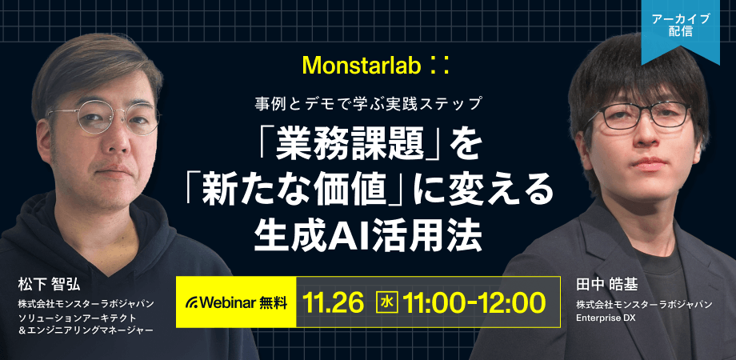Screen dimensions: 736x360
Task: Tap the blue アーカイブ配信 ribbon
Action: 681,29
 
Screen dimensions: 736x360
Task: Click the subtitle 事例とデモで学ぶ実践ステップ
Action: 369,104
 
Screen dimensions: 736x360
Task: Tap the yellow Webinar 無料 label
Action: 236,302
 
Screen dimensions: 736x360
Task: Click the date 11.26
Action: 334,302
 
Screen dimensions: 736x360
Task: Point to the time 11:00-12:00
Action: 474,302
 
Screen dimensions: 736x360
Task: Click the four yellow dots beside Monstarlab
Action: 439,66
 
